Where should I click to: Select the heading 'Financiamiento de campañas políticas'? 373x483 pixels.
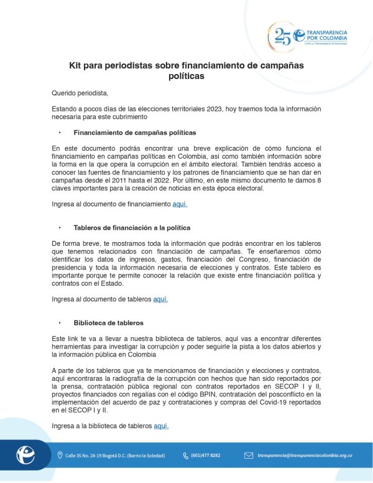[x=135, y=133]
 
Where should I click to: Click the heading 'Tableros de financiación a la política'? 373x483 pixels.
[x=132, y=228]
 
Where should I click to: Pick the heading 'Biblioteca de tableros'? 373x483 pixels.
[x=108, y=323]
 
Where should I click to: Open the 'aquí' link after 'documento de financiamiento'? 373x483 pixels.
[x=180, y=204]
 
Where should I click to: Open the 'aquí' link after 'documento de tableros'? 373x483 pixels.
[x=160, y=299]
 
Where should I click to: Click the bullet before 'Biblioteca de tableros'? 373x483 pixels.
[x=60, y=323]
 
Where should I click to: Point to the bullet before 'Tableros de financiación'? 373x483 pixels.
[x=60, y=228]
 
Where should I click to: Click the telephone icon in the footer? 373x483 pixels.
[x=185, y=456]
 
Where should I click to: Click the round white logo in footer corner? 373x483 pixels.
[x=25, y=455]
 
